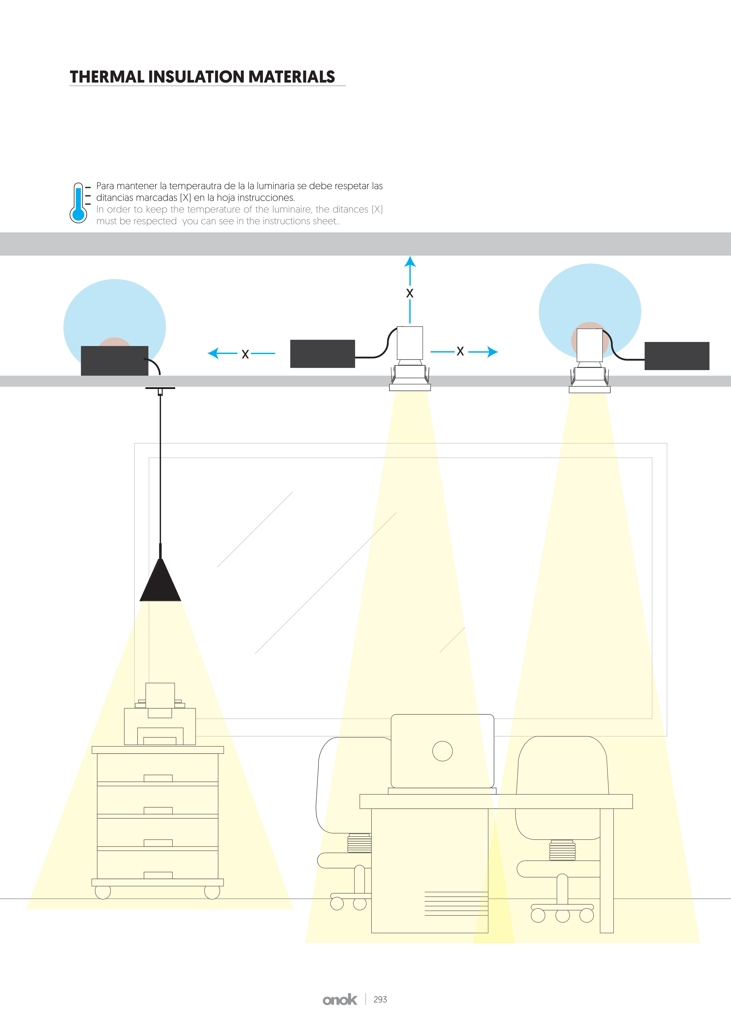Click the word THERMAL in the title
click(x=107, y=77)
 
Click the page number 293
click(x=380, y=999)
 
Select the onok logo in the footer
click(x=340, y=1000)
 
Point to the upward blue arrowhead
click(x=410, y=262)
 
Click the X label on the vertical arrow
click(x=410, y=293)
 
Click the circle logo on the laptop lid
click(x=442, y=751)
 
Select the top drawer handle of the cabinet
click(x=158, y=778)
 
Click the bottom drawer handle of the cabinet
click(x=158, y=875)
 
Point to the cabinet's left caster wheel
click(x=103, y=892)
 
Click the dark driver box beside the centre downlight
click(x=323, y=354)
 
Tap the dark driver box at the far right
click(x=677, y=356)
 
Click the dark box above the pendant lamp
click(x=114, y=360)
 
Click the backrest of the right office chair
click(x=562, y=766)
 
